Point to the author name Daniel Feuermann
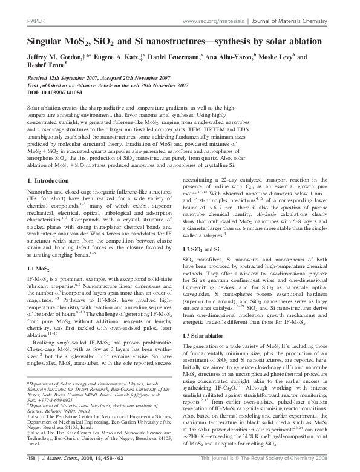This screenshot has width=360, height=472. click(x=184, y=57)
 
